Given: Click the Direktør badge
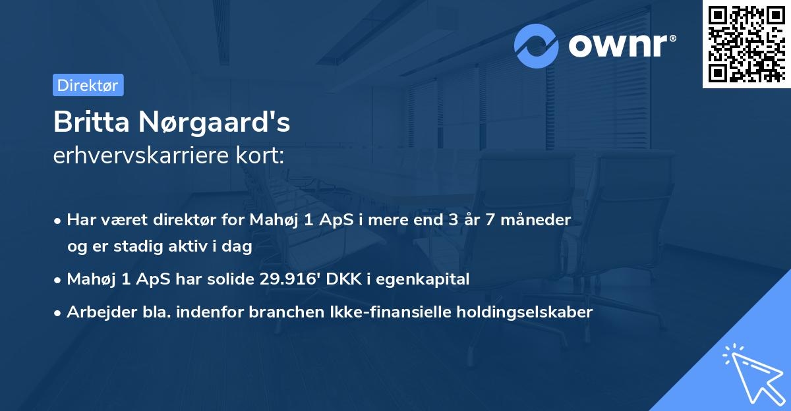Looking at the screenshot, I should coord(88,85).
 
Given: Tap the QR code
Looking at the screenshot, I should coord(747,44).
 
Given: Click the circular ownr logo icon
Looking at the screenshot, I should coord(537,45).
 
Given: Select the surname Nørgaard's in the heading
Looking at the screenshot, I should coord(214,123).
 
